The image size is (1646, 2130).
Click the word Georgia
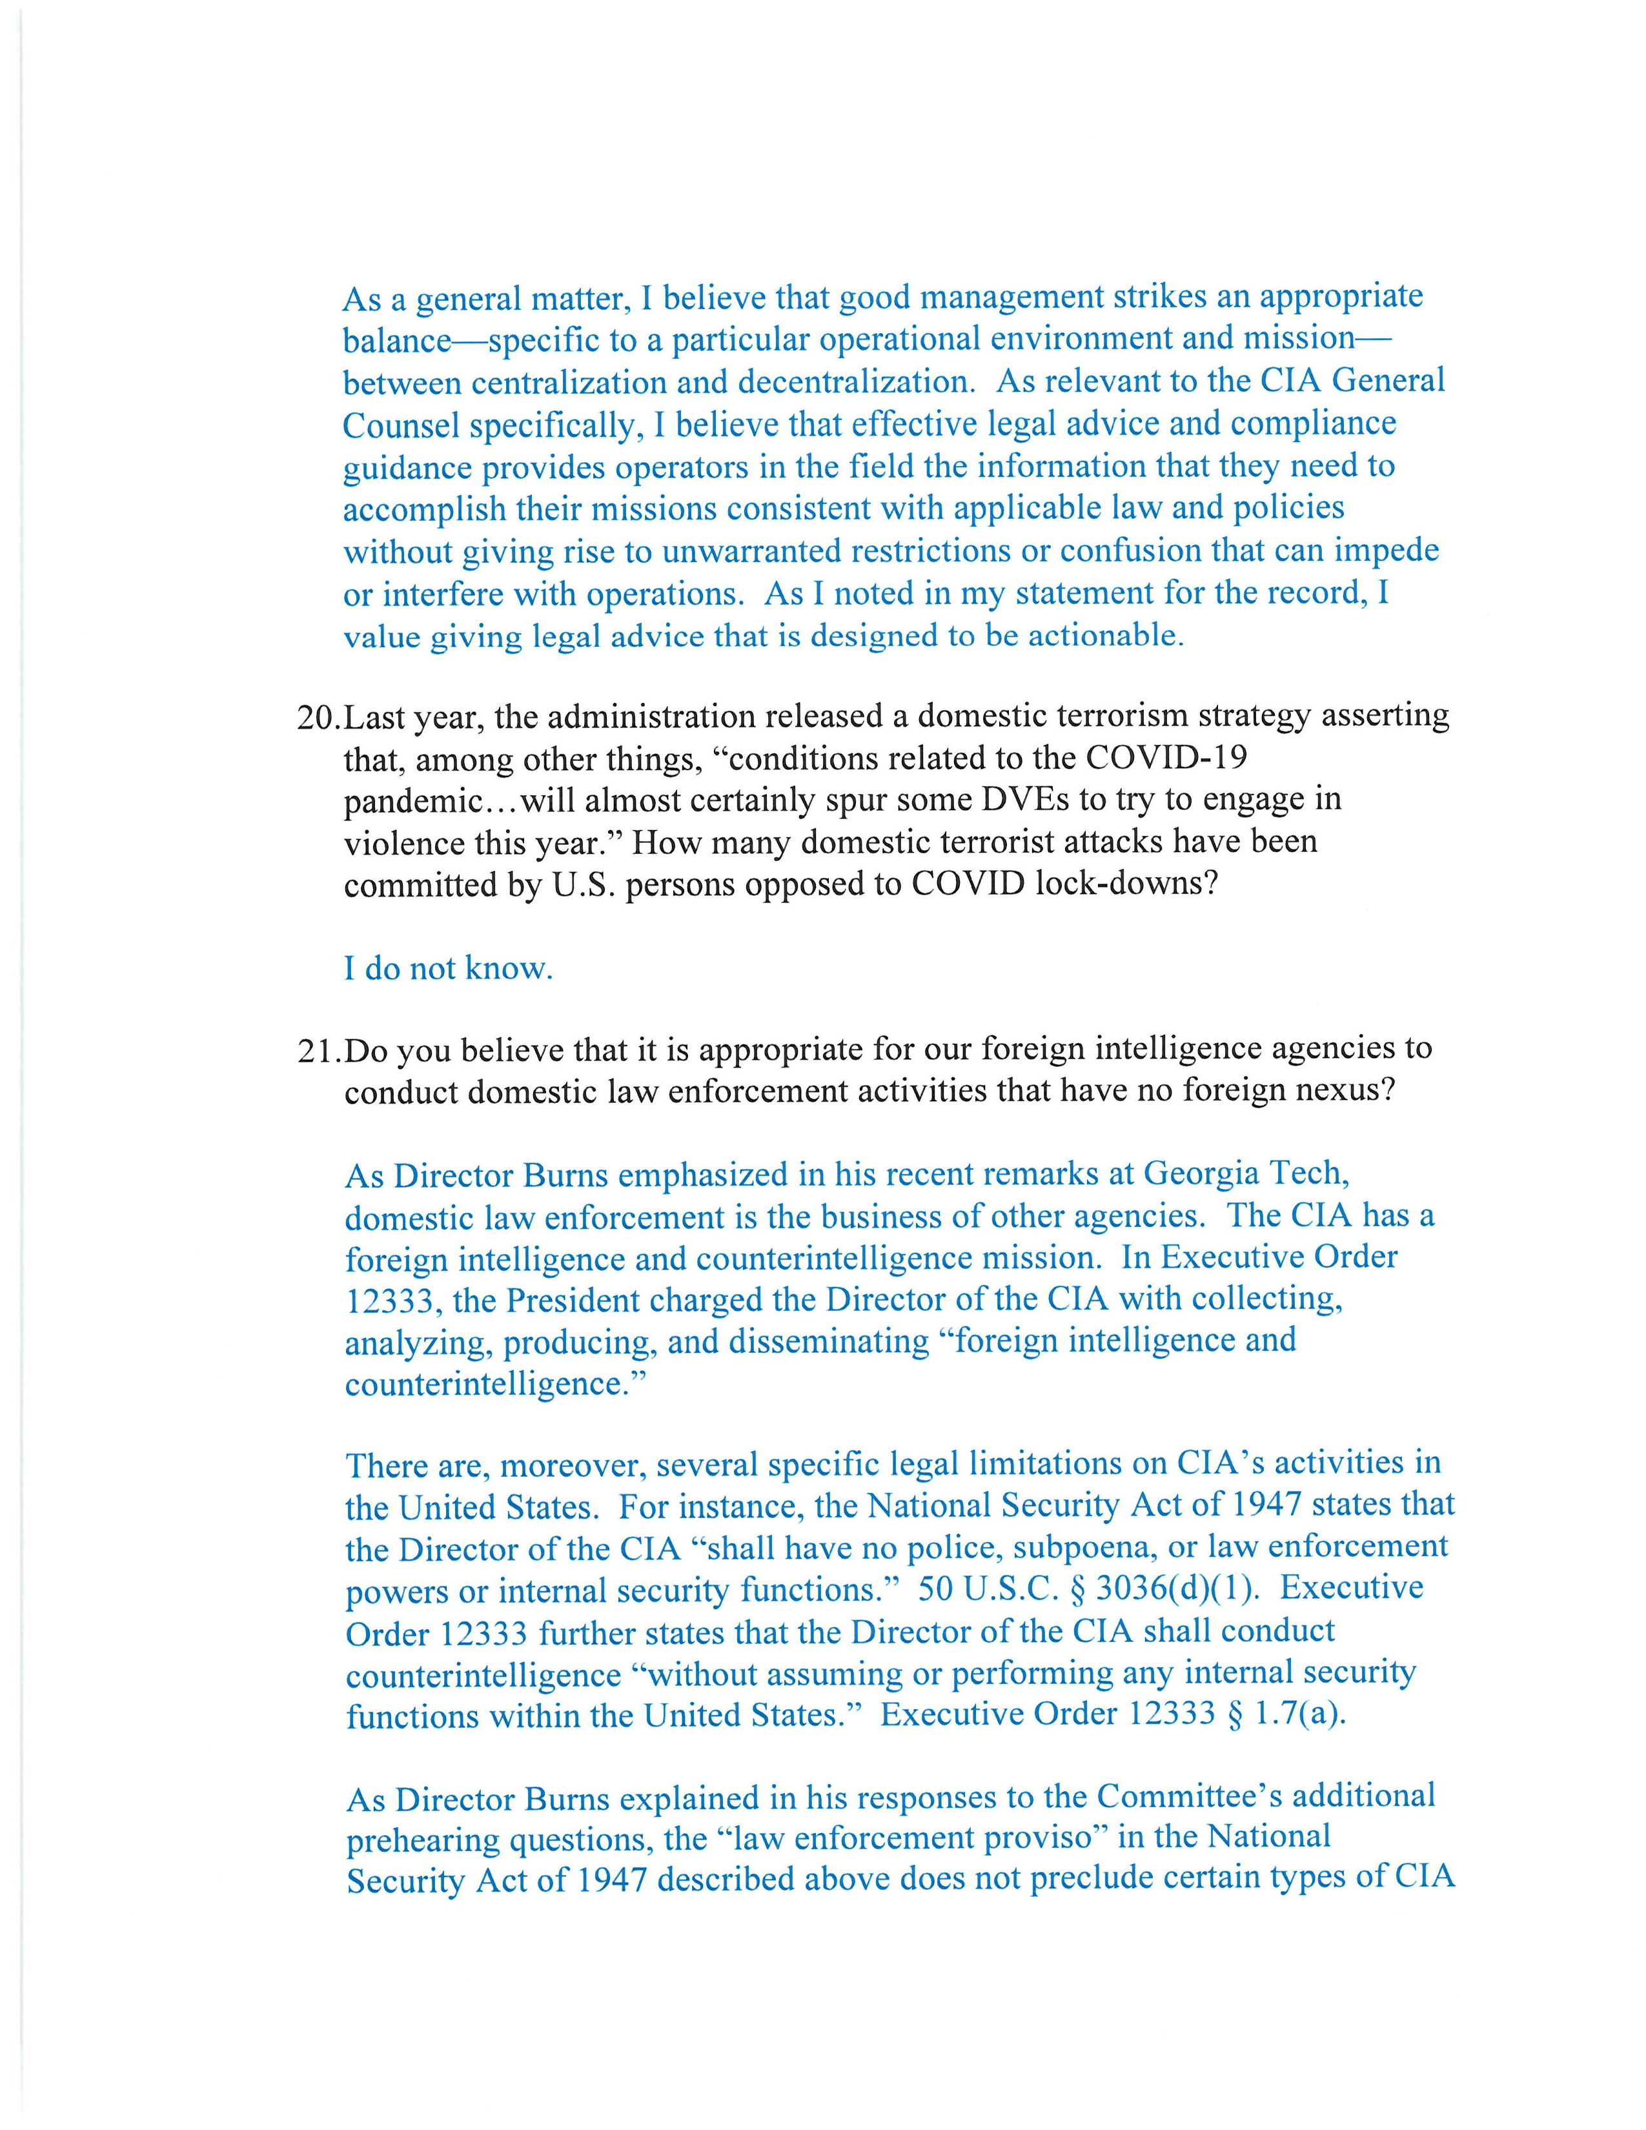[x=1199, y=1173]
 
